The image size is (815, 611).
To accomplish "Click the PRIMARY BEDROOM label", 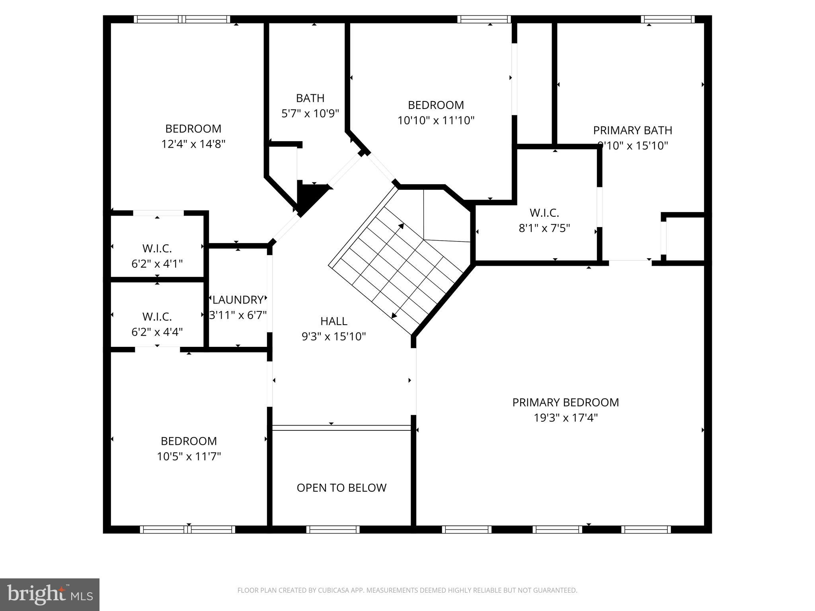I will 565,403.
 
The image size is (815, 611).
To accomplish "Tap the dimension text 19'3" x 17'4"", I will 565,418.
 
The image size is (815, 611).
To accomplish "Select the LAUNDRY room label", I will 238,300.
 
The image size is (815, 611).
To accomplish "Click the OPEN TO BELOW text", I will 341,488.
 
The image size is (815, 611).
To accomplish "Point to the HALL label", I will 333,321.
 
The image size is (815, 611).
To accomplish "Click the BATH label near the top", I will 310,98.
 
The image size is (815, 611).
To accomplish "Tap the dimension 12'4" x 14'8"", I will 193,144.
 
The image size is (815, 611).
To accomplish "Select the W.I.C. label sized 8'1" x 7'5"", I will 544,213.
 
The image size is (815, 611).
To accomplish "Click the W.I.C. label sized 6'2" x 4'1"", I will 157,249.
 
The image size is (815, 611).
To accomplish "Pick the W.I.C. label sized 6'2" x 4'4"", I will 157,317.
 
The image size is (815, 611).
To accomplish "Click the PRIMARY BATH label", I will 632,130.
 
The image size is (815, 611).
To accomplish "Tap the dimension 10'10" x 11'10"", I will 436,120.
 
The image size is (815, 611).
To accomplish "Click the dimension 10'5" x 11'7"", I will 189,456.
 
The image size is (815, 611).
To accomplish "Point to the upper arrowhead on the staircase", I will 401,226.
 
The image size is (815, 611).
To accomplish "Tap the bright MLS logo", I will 49,594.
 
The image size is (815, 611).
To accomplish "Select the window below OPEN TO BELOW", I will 333,529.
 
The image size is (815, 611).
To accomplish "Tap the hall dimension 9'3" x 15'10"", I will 333,337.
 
